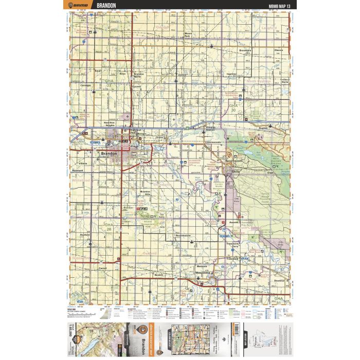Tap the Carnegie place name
[x=85, y=85]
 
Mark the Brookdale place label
[x=245, y=50]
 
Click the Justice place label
[x=181, y=75]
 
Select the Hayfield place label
[x=85, y=235]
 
